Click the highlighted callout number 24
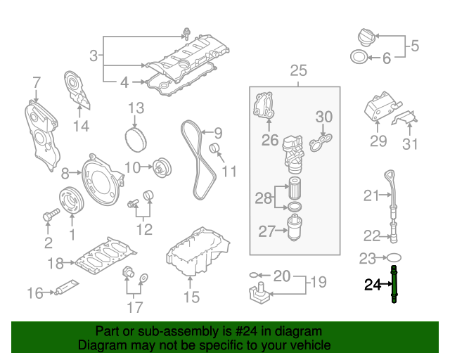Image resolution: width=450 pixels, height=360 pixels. pyautogui.click(x=372, y=285)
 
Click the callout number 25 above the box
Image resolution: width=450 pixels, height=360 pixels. pyautogui.click(x=298, y=70)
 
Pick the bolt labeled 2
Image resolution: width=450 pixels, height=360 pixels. pyautogui.click(x=48, y=217)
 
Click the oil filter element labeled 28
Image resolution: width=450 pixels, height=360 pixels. pyautogui.click(x=294, y=190)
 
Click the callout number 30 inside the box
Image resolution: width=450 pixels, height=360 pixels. pyautogui.click(x=323, y=116)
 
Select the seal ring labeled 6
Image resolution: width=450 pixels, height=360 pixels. pyautogui.click(x=357, y=58)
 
